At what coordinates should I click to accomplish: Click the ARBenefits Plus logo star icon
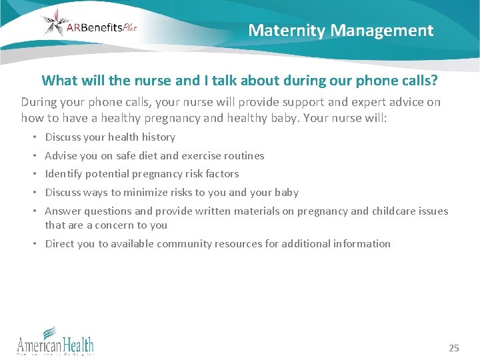click(x=55, y=23)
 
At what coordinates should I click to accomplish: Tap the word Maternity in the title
click(x=286, y=30)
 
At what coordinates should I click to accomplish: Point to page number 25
click(x=454, y=348)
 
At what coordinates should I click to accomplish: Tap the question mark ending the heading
click(x=434, y=81)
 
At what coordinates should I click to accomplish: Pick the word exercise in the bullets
click(x=205, y=155)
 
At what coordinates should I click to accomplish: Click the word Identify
click(x=64, y=173)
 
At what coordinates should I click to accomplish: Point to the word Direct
click(x=59, y=243)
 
